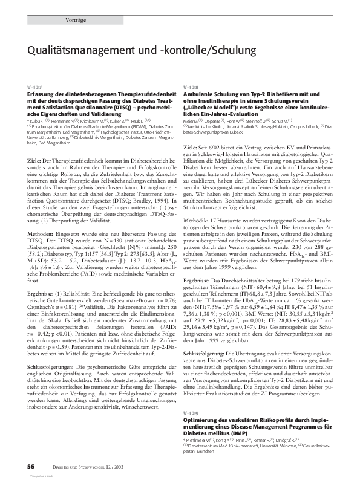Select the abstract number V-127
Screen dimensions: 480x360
click(x=34, y=88)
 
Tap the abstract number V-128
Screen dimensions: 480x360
click(x=191, y=88)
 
